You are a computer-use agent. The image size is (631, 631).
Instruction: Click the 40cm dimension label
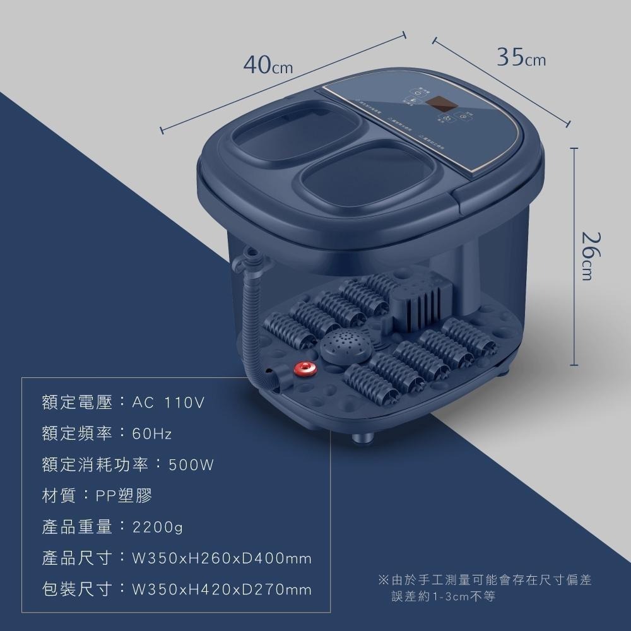point(269,65)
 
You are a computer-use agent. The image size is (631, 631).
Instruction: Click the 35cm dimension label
point(521,58)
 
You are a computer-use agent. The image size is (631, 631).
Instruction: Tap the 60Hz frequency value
point(152,434)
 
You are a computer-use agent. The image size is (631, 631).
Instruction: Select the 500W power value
point(192,466)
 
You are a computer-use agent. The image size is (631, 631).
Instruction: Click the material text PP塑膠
point(124,496)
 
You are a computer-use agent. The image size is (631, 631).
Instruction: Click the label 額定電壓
point(77,403)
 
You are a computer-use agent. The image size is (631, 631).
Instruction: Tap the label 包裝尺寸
point(77,590)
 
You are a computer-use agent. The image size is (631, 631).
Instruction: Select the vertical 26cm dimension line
point(574,256)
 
